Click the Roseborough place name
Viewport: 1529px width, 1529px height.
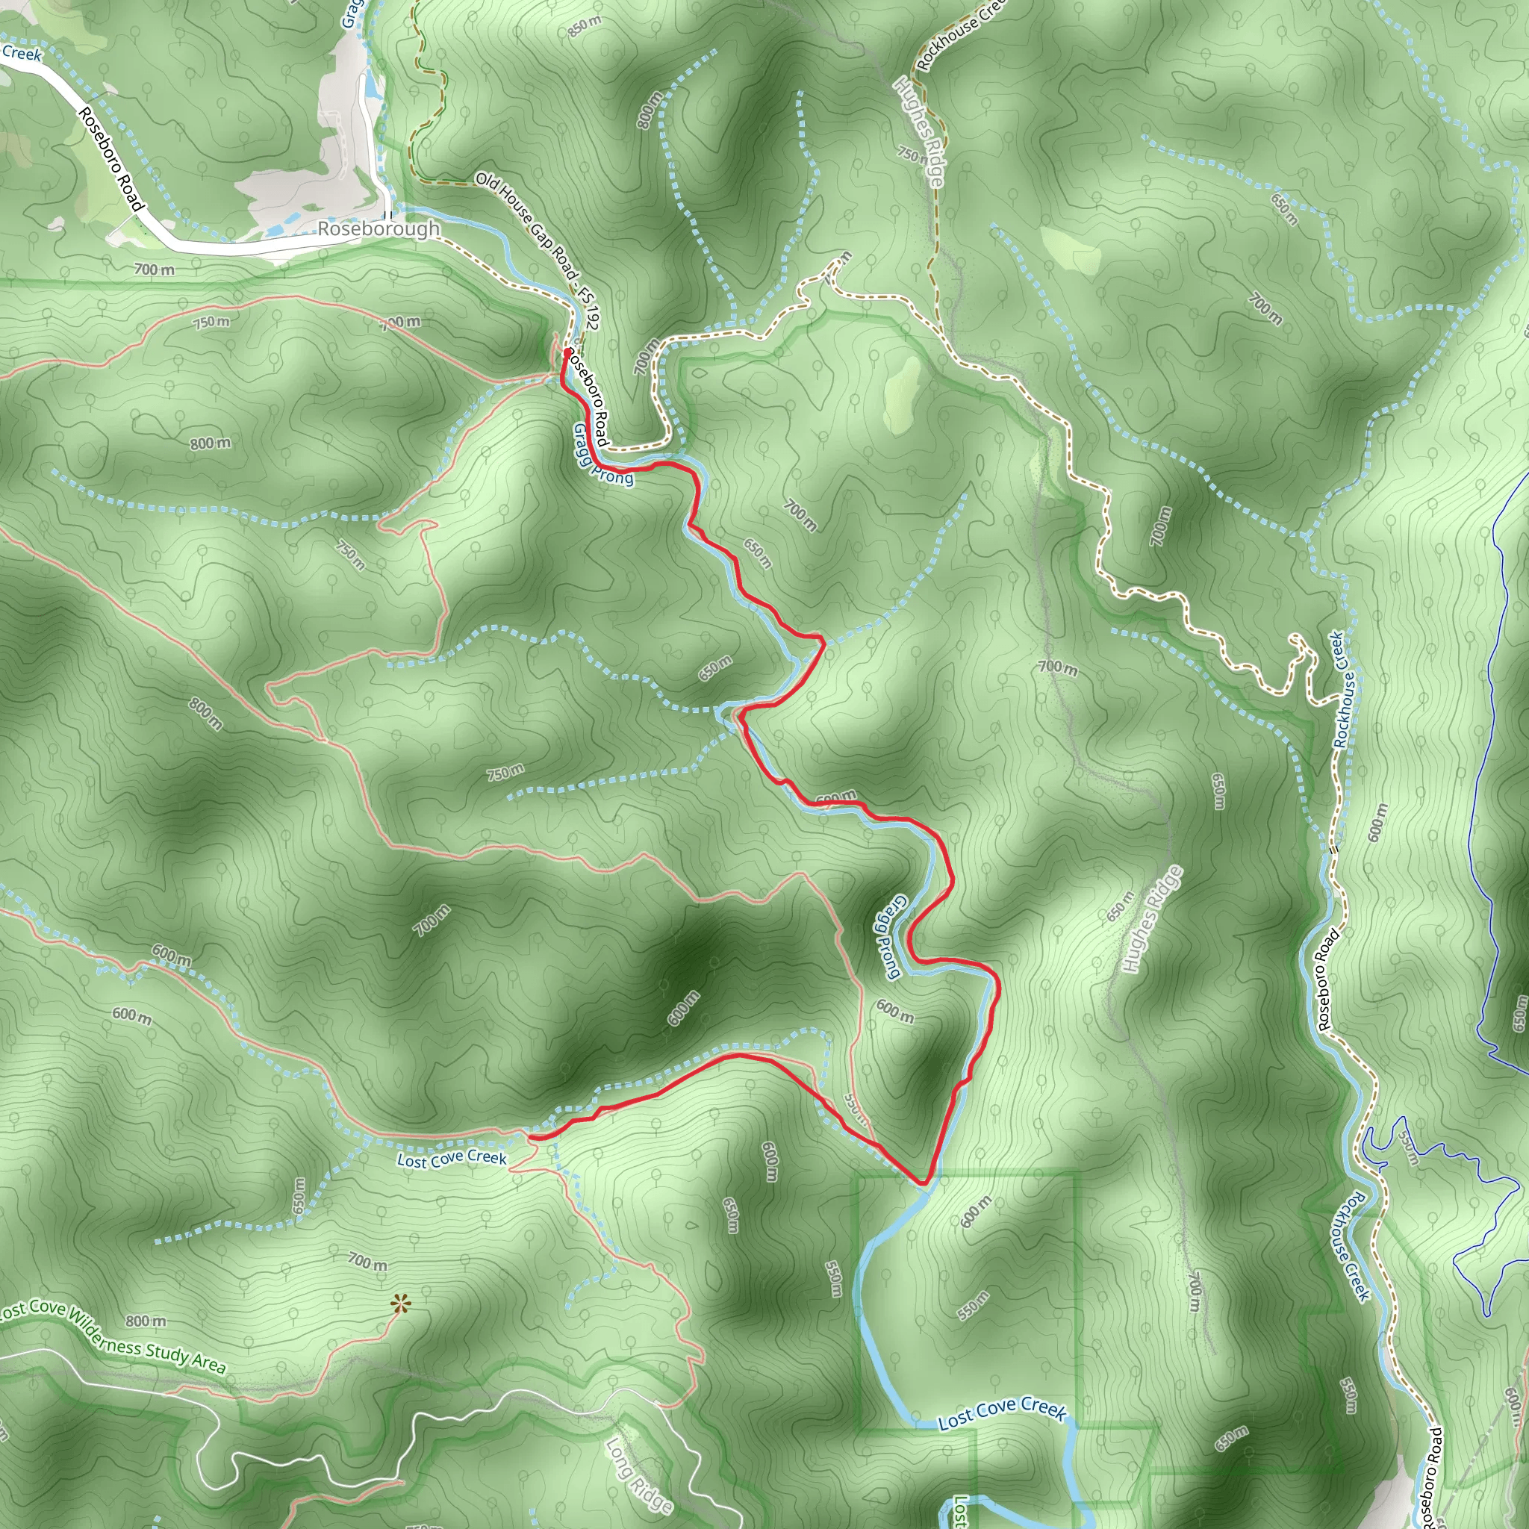click(x=379, y=229)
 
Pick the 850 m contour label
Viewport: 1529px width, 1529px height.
click(x=585, y=27)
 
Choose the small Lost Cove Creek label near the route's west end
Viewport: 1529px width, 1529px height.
click(x=452, y=1159)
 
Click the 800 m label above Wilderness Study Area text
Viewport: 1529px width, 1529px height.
click(x=146, y=1321)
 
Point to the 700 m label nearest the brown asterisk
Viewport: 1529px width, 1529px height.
click(x=368, y=1261)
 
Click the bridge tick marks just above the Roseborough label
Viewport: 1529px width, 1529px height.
click(x=387, y=214)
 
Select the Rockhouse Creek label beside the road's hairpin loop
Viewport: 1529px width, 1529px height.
click(x=1344, y=689)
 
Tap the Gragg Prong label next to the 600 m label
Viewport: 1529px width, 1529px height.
click(x=887, y=937)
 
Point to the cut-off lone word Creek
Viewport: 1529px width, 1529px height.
click(x=22, y=54)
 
